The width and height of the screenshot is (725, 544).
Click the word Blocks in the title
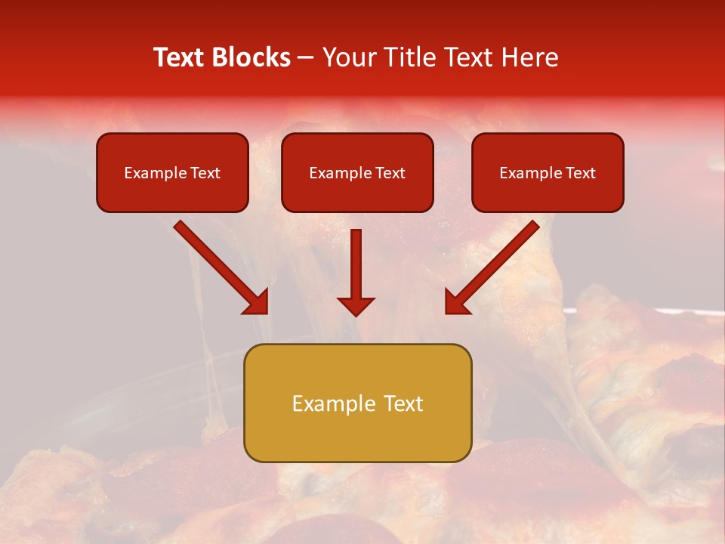click(x=251, y=57)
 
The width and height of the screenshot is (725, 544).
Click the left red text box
click(x=172, y=193)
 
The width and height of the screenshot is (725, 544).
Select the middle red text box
click(x=357, y=193)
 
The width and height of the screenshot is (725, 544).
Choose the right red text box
click(x=548, y=193)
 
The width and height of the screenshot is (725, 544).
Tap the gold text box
click(x=357, y=434)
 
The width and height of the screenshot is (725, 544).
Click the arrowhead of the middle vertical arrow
click(x=356, y=305)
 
